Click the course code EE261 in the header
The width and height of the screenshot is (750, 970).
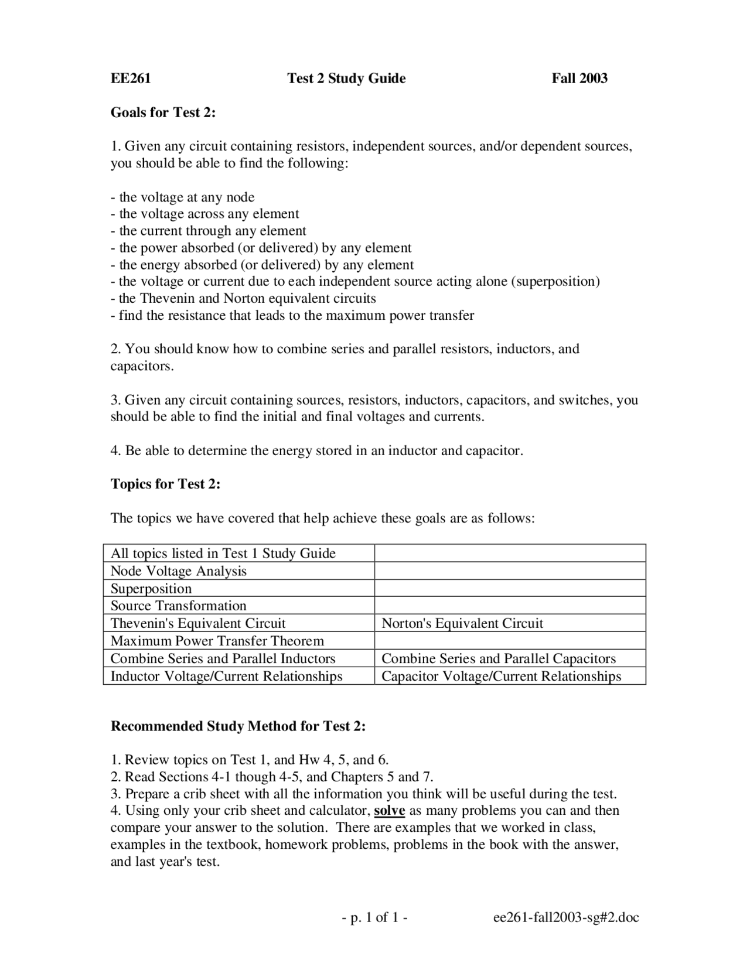131,78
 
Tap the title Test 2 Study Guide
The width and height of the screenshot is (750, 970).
346,78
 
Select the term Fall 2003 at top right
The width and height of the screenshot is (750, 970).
579,78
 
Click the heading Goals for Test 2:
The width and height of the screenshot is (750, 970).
163,112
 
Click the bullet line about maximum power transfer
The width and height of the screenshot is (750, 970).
292,316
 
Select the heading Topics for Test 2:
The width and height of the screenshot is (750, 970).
165,484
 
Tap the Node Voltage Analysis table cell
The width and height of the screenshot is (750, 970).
179,571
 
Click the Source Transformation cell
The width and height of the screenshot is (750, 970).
179,606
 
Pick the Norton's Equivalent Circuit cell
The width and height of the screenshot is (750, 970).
462,623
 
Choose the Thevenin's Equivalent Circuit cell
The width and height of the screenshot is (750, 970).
198,623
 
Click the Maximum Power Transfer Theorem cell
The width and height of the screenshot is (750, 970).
217,641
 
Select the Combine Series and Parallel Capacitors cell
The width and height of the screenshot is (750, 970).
499,658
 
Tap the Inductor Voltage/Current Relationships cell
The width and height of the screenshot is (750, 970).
226,676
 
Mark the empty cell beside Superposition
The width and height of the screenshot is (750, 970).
510,588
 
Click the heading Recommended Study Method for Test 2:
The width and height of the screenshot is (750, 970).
238,726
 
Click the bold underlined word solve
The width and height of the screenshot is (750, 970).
390,811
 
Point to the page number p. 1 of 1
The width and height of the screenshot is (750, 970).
375,918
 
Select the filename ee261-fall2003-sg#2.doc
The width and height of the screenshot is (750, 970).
566,918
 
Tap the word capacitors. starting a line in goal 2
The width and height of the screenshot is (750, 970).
142,367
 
